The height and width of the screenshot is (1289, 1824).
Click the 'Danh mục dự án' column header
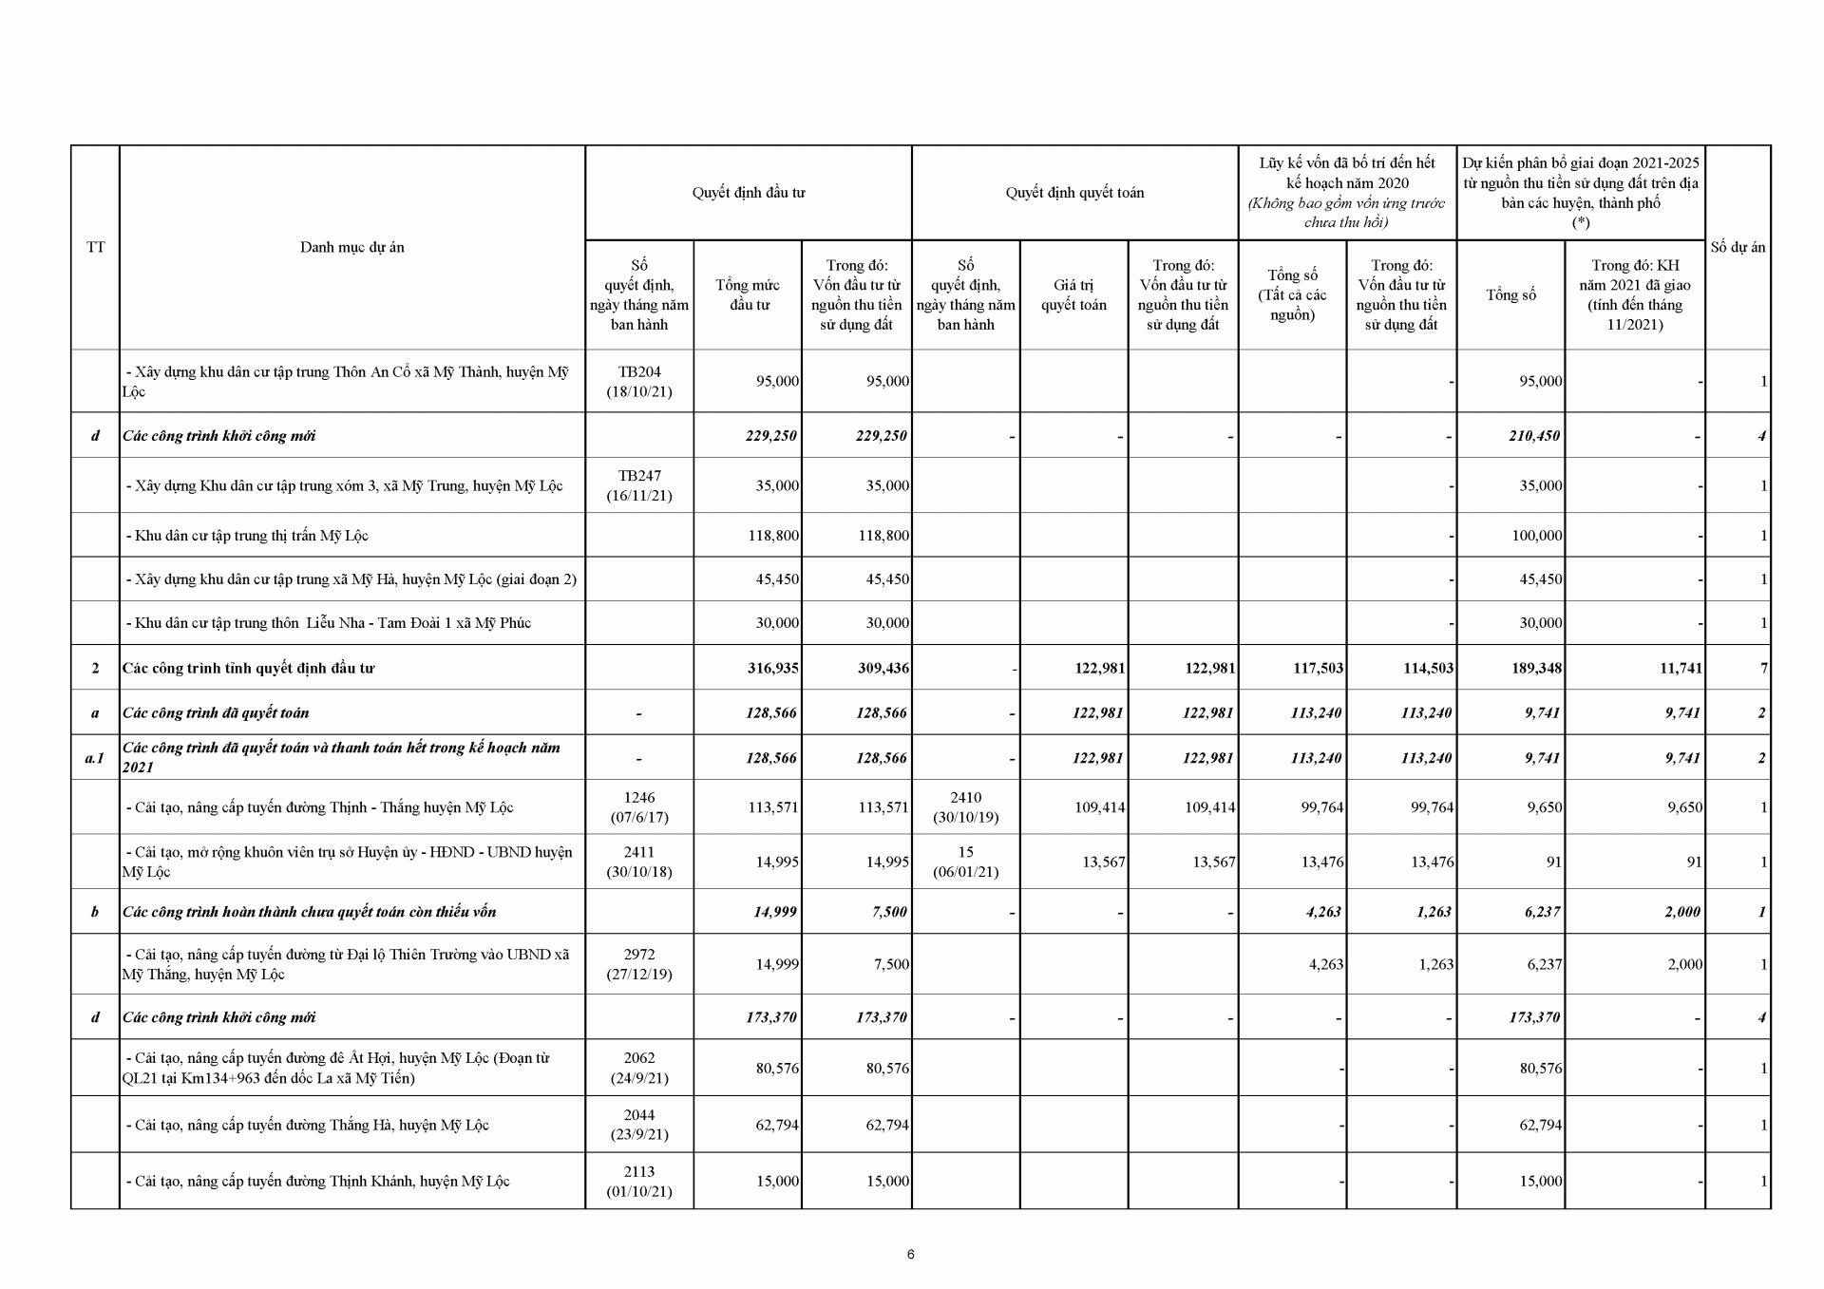[351, 247]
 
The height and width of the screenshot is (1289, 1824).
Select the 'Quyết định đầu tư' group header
[748, 193]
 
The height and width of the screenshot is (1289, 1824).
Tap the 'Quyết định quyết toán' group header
[1074, 193]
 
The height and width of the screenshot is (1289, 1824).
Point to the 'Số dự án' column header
[1738, 247]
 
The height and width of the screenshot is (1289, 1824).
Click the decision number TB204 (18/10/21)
[639, 381]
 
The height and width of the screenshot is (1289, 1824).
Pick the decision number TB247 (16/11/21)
[639, 485]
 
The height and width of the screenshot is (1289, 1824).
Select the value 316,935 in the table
[772, 668]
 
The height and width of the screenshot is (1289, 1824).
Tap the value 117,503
[1318, 668]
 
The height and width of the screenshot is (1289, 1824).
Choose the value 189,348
[1536, 668]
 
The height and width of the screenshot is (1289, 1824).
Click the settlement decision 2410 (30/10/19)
[965, 807]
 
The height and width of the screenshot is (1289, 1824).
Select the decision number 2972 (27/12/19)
[639, 964]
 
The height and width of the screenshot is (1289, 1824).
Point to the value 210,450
[1534, 436]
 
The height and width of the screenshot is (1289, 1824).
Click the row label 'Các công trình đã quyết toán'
[216, 712]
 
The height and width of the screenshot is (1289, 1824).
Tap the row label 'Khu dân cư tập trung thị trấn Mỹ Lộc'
[247, 536]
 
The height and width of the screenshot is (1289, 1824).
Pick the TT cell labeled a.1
[95, 758]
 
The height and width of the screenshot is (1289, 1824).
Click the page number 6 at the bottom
[911, 1254]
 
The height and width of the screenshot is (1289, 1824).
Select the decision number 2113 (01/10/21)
[639, 1181]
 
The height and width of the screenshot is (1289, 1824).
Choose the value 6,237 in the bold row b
[1540, 912]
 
